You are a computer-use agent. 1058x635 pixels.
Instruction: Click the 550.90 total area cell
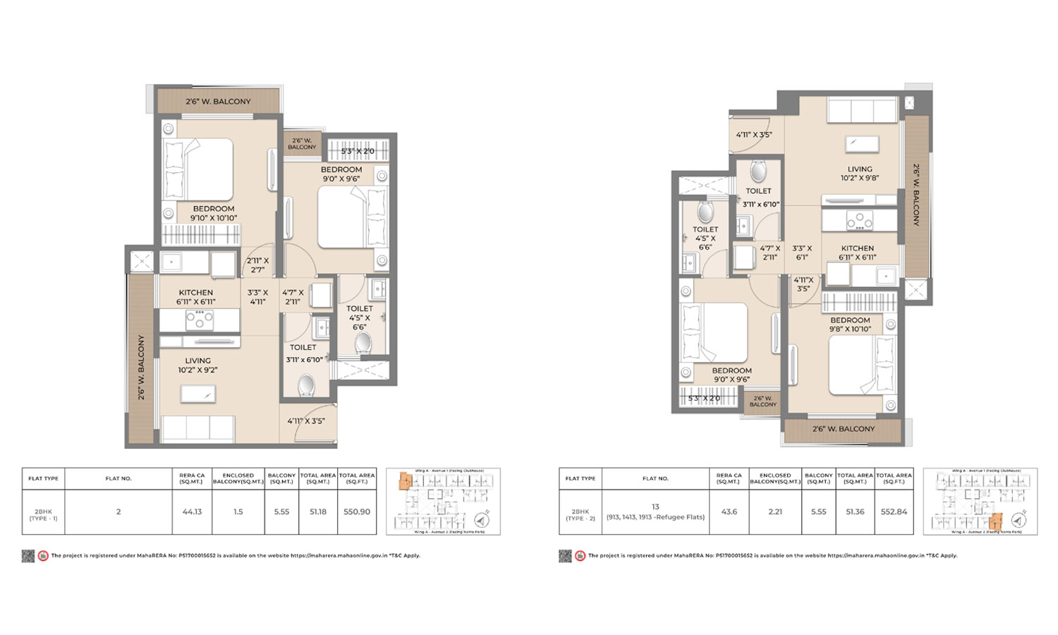pos(357,512)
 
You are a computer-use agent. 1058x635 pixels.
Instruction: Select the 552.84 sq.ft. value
pos(894,512)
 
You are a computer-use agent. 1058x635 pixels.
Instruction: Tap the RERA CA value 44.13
pos(192,512)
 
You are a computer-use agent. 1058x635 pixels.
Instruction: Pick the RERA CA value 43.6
pos(729,512)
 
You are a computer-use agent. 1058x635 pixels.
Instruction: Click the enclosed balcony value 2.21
pos(775,512)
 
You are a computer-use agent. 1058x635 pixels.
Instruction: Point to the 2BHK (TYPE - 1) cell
pos(43,514)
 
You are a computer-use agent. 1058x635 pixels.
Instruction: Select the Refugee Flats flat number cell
pos(655,512)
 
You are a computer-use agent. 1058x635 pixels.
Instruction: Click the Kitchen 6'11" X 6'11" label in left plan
pos(196,297)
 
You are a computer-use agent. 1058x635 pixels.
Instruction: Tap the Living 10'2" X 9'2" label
pos(197,365)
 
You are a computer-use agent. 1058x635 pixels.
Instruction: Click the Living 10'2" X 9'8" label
pos(860,174)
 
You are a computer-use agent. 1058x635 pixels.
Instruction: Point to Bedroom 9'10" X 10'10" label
pos(214,213)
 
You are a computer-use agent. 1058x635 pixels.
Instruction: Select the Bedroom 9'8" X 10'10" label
pos(850,325)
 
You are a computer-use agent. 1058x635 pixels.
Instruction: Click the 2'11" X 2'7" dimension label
pos(257,265)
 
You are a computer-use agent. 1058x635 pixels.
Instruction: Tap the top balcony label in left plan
pos(218,102)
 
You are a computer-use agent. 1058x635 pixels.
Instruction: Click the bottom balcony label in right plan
pos(843,429)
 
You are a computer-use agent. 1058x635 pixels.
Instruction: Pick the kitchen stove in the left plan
pos(200,320)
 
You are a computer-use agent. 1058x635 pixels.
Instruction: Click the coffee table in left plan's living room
pos(198,394)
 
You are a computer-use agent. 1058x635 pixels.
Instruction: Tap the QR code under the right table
pos(565,556)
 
